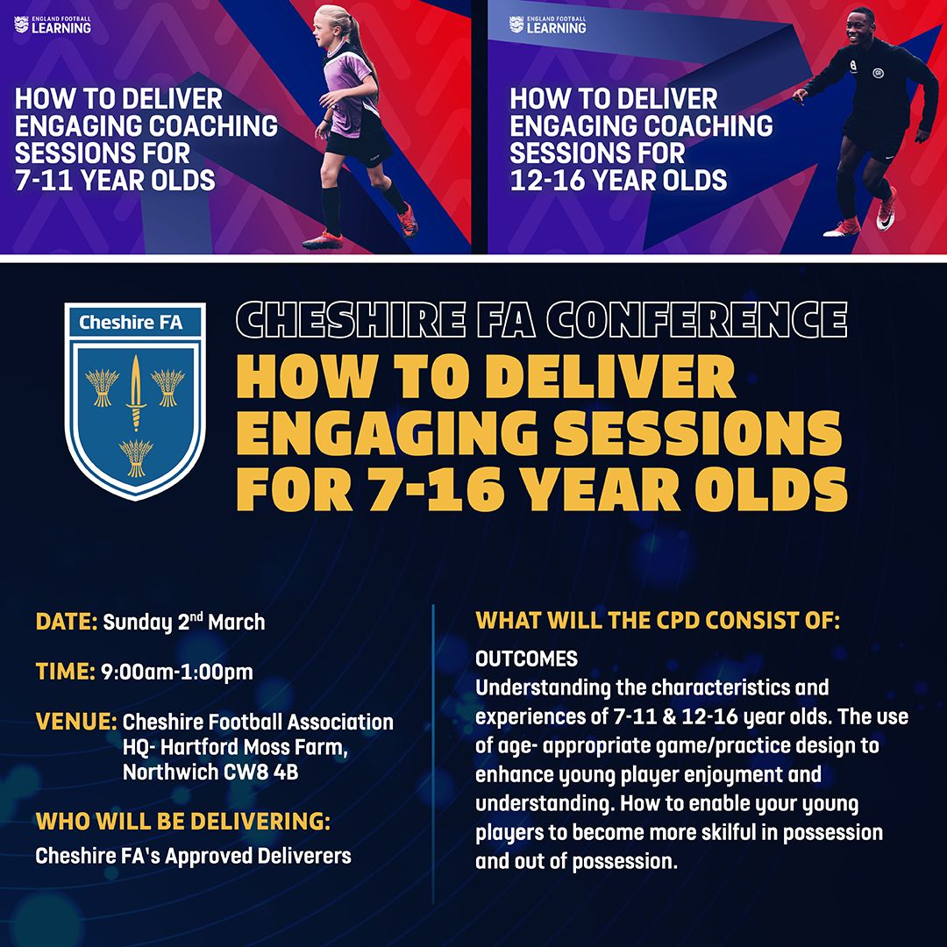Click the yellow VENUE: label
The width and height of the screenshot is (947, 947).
[x=76, y=723]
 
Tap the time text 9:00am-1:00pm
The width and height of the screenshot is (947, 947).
[x=177, y=673]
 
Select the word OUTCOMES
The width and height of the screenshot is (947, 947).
[x=527, y=658]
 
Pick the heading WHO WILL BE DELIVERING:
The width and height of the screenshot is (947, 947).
[x=183, y=822]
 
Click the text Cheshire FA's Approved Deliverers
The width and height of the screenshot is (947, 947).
[x=193, y=856]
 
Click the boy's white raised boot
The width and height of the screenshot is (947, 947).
[x=886, y=209]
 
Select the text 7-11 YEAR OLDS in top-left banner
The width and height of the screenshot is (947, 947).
[x=115, y=180]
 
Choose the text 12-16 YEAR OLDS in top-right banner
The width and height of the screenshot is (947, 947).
[x=618, y=180]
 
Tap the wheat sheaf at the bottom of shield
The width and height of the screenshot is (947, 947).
[x=136, y=455]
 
